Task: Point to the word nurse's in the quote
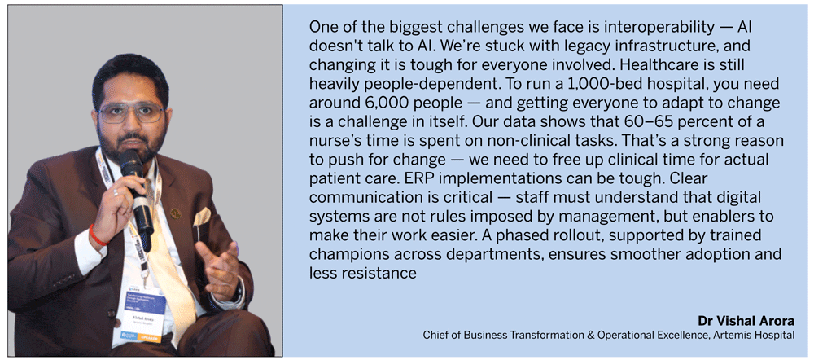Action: coord(331,142)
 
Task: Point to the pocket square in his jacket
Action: coord(202,216)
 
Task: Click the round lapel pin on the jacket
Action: coord(176,213)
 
